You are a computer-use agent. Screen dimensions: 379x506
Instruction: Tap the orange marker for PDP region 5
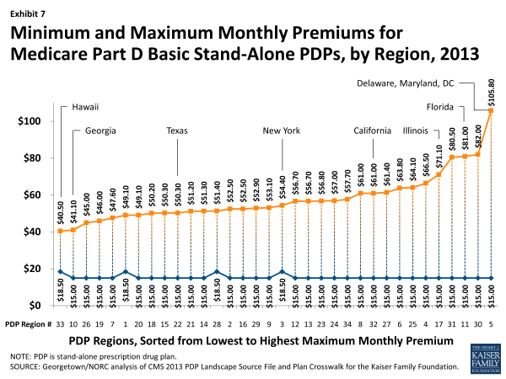(490, 110)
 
